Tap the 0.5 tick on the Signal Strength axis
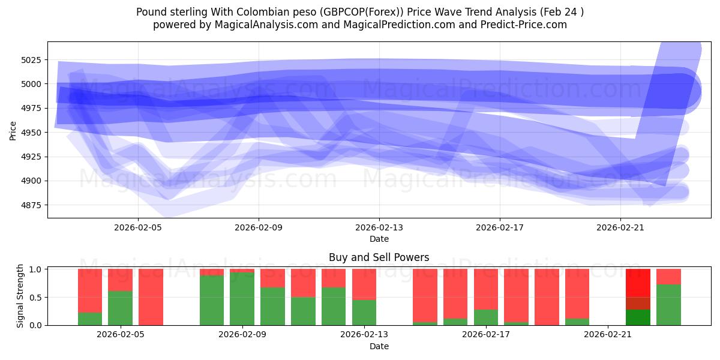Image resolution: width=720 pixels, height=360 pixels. (35, 297)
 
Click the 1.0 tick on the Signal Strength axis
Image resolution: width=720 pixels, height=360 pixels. (35, 269)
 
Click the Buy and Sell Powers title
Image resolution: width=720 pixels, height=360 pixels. (379, 257)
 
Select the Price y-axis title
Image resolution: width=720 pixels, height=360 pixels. (13, 130)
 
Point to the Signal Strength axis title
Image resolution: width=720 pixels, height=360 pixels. (20, 295)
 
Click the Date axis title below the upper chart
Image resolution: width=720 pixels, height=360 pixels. (379, 239)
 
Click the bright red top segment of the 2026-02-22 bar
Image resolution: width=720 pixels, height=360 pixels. (638, 283)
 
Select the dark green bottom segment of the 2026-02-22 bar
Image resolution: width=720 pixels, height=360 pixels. (638, 317)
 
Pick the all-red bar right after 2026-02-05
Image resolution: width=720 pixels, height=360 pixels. (151, 297)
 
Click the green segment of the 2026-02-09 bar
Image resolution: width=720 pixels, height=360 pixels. (242, 299)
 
